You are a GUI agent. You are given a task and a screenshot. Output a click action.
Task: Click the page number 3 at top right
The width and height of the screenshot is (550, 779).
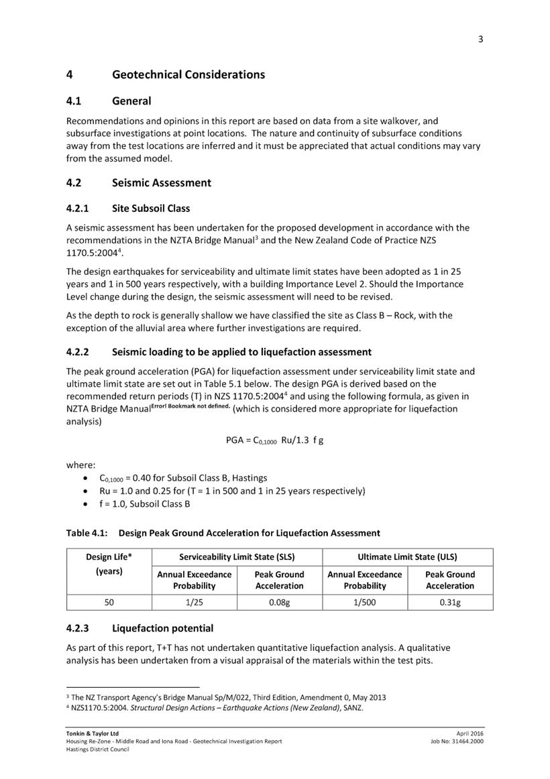480,39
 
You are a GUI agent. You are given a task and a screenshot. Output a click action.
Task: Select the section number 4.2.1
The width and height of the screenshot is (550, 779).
81,208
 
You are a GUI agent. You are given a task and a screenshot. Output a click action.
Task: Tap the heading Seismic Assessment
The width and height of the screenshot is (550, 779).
161,182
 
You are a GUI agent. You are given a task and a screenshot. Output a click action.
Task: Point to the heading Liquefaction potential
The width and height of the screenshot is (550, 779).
162,628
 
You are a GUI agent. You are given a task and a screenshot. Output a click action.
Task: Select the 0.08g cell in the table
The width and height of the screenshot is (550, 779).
279,603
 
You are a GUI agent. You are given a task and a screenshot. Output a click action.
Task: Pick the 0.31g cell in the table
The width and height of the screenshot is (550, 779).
449,603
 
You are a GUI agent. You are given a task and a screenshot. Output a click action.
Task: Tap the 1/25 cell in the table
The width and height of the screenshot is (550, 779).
195,603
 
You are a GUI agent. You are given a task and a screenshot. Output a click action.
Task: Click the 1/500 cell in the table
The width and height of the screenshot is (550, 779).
365,603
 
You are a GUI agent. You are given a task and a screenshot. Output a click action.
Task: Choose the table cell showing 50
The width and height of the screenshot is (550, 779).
109,603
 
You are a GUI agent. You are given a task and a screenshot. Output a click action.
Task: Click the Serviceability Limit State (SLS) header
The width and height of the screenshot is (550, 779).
237,556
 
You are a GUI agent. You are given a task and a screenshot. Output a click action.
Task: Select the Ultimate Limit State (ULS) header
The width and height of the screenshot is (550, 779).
407,556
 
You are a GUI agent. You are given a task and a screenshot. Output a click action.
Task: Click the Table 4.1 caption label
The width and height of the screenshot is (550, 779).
88,533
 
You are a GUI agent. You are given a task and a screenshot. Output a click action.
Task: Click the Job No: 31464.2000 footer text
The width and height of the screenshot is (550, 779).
457,741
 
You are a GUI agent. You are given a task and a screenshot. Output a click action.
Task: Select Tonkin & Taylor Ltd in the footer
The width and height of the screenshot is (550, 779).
92,733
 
